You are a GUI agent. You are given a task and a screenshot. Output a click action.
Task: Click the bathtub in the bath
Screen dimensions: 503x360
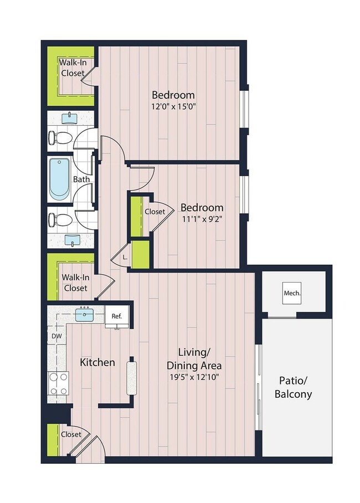(x=58, y=179)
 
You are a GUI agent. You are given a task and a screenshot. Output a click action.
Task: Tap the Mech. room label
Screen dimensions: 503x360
(x=292, y=293)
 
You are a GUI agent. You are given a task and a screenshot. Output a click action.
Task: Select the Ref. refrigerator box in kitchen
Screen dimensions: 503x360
(x=116, y=316)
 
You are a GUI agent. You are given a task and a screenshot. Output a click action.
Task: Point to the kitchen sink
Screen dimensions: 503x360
(x=85, y=315)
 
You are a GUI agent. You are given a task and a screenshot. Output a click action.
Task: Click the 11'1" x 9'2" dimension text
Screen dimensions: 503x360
(x=202, y=220)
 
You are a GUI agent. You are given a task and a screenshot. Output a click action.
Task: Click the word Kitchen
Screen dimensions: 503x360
(x=97, y=362)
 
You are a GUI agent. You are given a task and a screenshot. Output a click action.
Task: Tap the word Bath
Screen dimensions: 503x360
(x=81, y=179)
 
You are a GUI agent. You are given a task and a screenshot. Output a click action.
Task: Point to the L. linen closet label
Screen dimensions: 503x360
(x=125, y=257)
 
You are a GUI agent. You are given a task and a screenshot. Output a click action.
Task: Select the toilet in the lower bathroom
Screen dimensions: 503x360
(x=59, y=220)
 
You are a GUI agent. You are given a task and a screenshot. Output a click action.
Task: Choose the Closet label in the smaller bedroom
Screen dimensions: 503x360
(x=155, y=212)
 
